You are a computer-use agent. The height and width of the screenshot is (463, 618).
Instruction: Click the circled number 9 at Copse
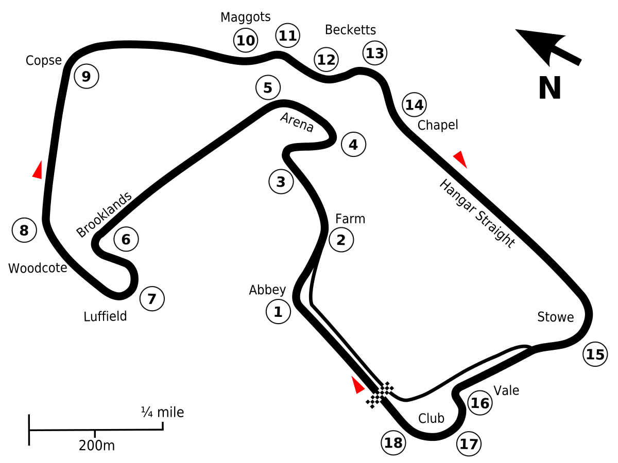pyautogui.click(x=86, y=77)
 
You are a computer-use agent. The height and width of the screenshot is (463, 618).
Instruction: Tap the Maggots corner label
pyautogui.click(x=246, y=17)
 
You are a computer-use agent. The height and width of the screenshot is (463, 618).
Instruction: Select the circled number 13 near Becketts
pyautogui.click(x=375, y=52)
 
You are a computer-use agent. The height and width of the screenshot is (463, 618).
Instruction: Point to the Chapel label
pyautogui.click(x=438, y=125)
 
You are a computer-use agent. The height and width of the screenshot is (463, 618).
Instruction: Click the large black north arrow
pyautogui.click(x=548, y=46)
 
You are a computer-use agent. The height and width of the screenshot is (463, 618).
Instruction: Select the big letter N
pyautogui.click(x=550, y=88)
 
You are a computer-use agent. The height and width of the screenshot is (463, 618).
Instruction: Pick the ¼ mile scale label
pyautogui.click(x=162, y=412)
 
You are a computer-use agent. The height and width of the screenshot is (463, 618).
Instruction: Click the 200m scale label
pyautogui.click(x=97, y=446)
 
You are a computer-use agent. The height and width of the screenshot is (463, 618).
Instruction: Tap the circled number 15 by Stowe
pyautogui.click(x=595, y=354)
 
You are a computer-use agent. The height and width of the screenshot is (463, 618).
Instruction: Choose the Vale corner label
pyautogui.click(x=506, y=390)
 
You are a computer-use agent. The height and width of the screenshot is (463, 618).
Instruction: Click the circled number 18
pyautogui.click(x=393, y=442)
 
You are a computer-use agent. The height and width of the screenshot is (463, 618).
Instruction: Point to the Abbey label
pyautogui.click(x=267, y=290)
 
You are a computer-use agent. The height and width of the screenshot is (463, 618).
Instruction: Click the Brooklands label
pyautogui.click(x=105, y=215)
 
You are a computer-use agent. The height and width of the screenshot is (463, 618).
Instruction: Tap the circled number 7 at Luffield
pyautogui.click(x=151, y=298)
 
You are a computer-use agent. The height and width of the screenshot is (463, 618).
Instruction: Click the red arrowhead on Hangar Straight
pyautogui.click(x=460, y=159)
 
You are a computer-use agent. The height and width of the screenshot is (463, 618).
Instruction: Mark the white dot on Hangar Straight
pyautogui.click(x=531, y=236)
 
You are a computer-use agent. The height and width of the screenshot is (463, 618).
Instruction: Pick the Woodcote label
pyautogui.click(x=38, y=268)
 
